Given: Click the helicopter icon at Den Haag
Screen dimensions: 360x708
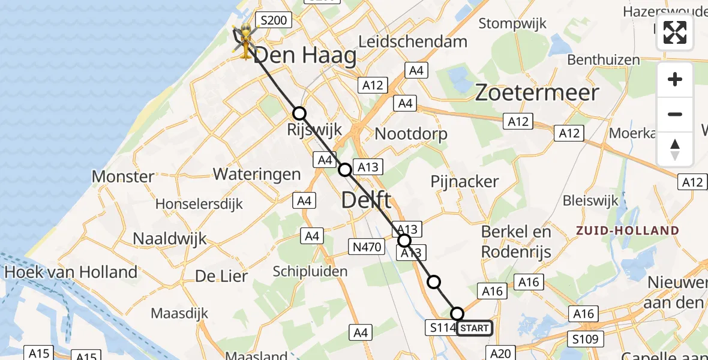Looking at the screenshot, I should click(245, 40).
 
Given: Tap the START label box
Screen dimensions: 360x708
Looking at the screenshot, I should click(475, 328).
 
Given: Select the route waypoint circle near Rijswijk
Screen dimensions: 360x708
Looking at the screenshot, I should click(299, 113).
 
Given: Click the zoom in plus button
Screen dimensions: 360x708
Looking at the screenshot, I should click(675, 79).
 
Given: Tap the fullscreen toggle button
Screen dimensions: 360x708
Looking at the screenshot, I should click(675, 32).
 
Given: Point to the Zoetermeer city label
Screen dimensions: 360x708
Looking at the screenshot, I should click(537, 92).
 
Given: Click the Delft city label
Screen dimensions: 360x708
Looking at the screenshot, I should click(366, 200).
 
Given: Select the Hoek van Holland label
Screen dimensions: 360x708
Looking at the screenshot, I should click(71, 272).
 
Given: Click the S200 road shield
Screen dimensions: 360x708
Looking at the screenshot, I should click(273, 20).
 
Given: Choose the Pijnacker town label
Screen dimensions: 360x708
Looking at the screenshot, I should click(464, 181).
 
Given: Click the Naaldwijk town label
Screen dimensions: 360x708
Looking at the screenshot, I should click(170, 238).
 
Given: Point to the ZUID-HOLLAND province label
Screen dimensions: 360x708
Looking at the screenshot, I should click(628, 230).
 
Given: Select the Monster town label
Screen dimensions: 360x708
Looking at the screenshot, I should click(123, 176).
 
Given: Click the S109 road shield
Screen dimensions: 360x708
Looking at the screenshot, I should click(585, 339).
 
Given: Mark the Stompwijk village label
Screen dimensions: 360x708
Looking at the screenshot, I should click(513, 23).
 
